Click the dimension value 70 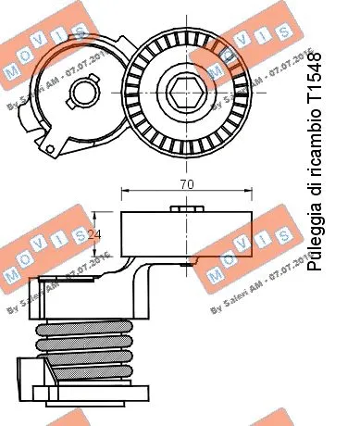pyautogui.click(x=188, y=184)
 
